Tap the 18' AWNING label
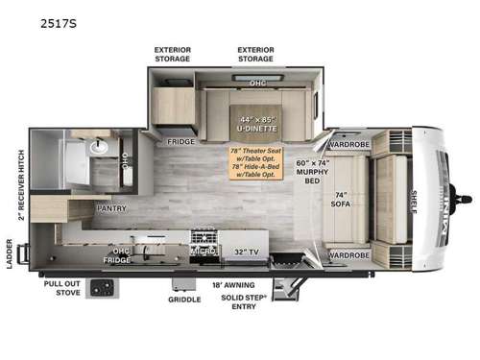[x=233, y=285]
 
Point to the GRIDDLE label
[x=183, y=300]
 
